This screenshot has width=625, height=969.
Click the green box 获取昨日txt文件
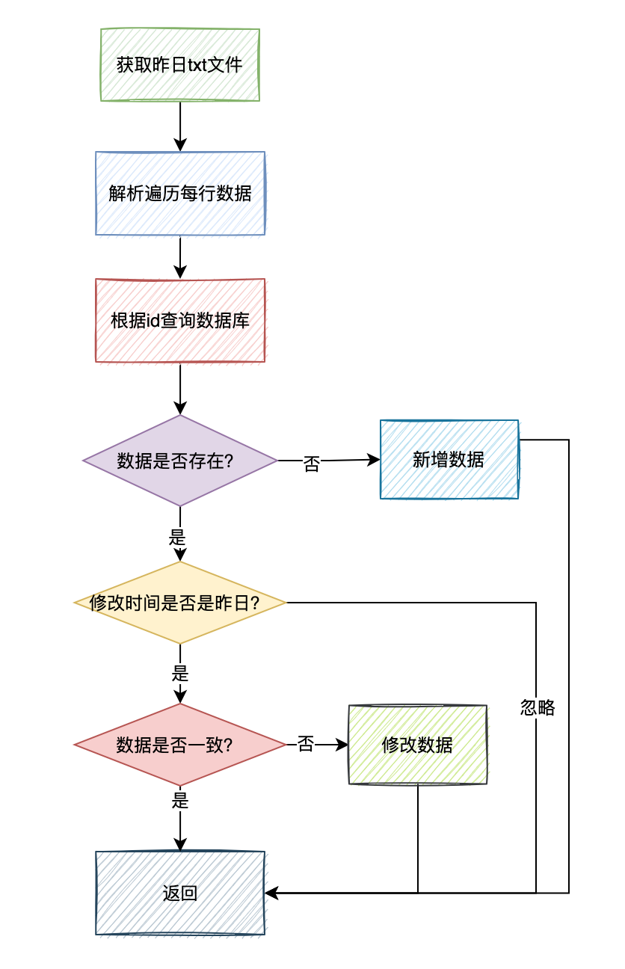pos(180,65)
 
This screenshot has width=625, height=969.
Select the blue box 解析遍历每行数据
pos(180,194)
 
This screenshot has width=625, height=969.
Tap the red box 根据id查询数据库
pos(180,321)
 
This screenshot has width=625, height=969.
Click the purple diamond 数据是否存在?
pos(180,461)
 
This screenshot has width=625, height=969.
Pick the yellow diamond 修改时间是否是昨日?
pos(180,603)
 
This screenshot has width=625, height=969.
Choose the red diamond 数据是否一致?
pos(180,745)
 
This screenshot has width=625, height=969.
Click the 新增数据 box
pos(449,459)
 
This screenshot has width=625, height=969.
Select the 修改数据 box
pos(418,745)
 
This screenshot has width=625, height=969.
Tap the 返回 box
pos(180,893)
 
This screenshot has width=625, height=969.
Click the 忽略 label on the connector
pos(538,708)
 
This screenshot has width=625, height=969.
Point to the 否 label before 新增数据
pos(312,464)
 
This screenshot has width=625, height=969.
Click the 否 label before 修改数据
pos(305,744)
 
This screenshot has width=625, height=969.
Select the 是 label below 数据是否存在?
pos(177,538)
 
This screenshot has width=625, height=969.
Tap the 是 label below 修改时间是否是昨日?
pos(180,674)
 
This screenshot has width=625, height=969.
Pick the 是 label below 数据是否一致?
pos(180,800)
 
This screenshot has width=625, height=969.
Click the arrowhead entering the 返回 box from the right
pos(271,893)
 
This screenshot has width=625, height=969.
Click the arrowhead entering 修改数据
pos(342,745)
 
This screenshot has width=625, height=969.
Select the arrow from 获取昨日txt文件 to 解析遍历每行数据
pos(180,126)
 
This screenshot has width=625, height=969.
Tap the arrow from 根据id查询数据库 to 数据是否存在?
pos(180,389)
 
